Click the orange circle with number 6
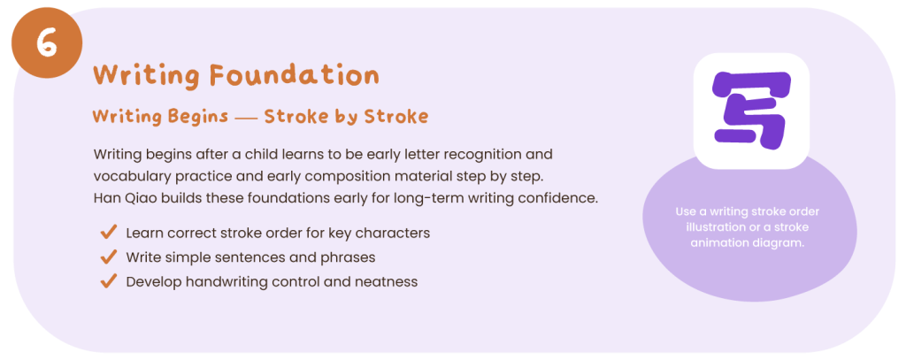pos(47,42)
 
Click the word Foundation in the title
pos(294,75)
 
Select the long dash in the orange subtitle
pos(246,118)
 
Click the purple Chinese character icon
pos(751,109)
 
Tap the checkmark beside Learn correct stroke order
pos(109,233)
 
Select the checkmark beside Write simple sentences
pos(109,257)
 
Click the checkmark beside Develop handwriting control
pos(109,281)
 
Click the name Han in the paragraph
pos(104,198)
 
